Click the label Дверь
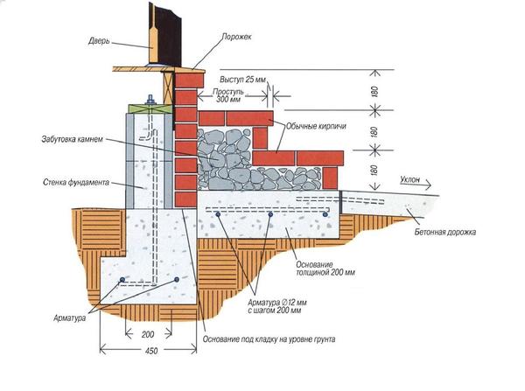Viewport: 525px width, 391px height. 100,40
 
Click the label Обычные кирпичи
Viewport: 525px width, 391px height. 312,125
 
